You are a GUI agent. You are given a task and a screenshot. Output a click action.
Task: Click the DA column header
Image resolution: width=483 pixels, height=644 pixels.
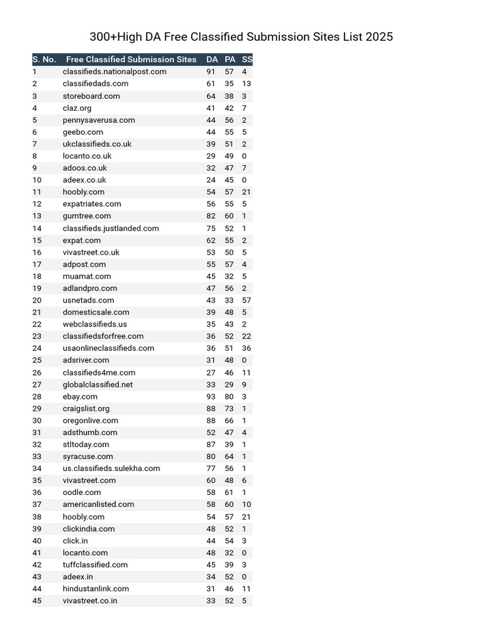[212, 60]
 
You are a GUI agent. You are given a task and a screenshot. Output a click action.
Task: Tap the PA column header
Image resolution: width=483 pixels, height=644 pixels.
[230, 60]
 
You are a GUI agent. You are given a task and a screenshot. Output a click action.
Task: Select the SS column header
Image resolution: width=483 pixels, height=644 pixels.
[247, 60]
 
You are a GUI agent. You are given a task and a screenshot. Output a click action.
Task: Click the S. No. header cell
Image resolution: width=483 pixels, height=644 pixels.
[44, 60]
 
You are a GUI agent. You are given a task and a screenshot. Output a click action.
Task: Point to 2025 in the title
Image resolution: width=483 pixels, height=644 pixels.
[379, 37]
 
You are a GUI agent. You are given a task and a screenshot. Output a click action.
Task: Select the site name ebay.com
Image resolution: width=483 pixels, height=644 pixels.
[80, 397]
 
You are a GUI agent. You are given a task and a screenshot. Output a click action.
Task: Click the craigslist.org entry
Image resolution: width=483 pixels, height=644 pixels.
[86, 409]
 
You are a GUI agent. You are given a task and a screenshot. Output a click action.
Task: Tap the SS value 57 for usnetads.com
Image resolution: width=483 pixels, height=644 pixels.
[247, 301]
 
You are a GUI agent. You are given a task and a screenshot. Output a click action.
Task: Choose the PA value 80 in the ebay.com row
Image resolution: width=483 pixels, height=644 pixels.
[229, 397]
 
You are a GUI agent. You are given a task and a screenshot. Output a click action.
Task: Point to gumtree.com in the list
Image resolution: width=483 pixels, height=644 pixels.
[87, 216]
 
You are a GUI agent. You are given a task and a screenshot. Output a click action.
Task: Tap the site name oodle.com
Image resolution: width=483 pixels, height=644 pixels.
[82, 492]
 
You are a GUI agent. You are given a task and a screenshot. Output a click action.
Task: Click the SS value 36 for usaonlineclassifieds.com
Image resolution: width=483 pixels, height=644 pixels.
[247, 348]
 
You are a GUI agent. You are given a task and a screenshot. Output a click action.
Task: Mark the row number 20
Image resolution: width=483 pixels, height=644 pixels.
[37, 301]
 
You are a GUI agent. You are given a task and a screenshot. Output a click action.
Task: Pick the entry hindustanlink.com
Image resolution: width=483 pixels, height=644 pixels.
[96, 589]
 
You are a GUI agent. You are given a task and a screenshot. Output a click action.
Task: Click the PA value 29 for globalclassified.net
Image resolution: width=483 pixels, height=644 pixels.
[229, 385]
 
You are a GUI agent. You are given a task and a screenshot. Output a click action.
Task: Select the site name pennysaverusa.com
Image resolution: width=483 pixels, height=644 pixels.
[99, 120]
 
